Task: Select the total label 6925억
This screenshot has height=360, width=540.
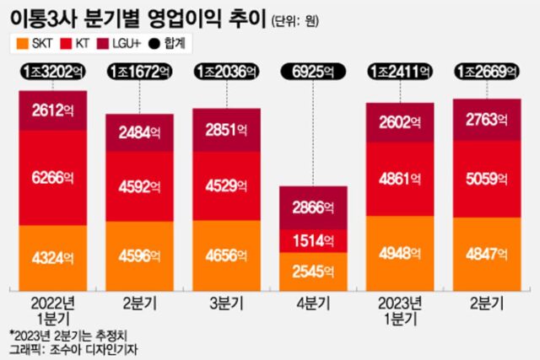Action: click(314, 73)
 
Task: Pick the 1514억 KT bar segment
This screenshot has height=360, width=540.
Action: click(314, 240)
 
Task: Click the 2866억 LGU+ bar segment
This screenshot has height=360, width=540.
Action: click(314, 207)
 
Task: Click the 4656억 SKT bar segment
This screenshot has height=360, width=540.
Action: click(225, 253)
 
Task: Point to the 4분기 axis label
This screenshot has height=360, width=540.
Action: click(314, 302)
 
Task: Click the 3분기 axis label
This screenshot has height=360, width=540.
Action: click(225, 302)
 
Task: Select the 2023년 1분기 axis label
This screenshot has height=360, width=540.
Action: click(401, 308)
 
